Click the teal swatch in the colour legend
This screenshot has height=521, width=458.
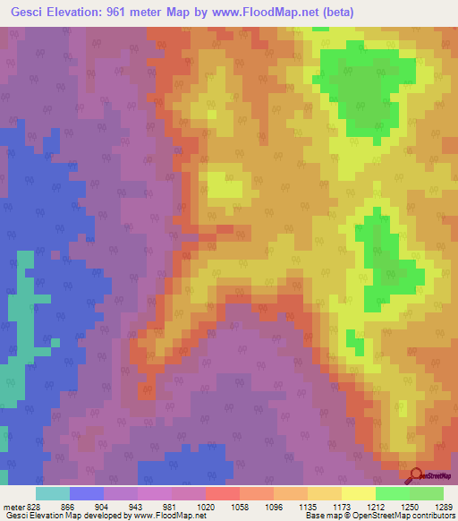coord(52,493)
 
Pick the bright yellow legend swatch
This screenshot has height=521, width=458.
coord(358,493)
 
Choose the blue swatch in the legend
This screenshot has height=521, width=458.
coord(86,493)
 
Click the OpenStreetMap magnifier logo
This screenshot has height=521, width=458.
coord(414,474)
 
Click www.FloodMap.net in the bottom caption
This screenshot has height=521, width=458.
coord(162,516)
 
